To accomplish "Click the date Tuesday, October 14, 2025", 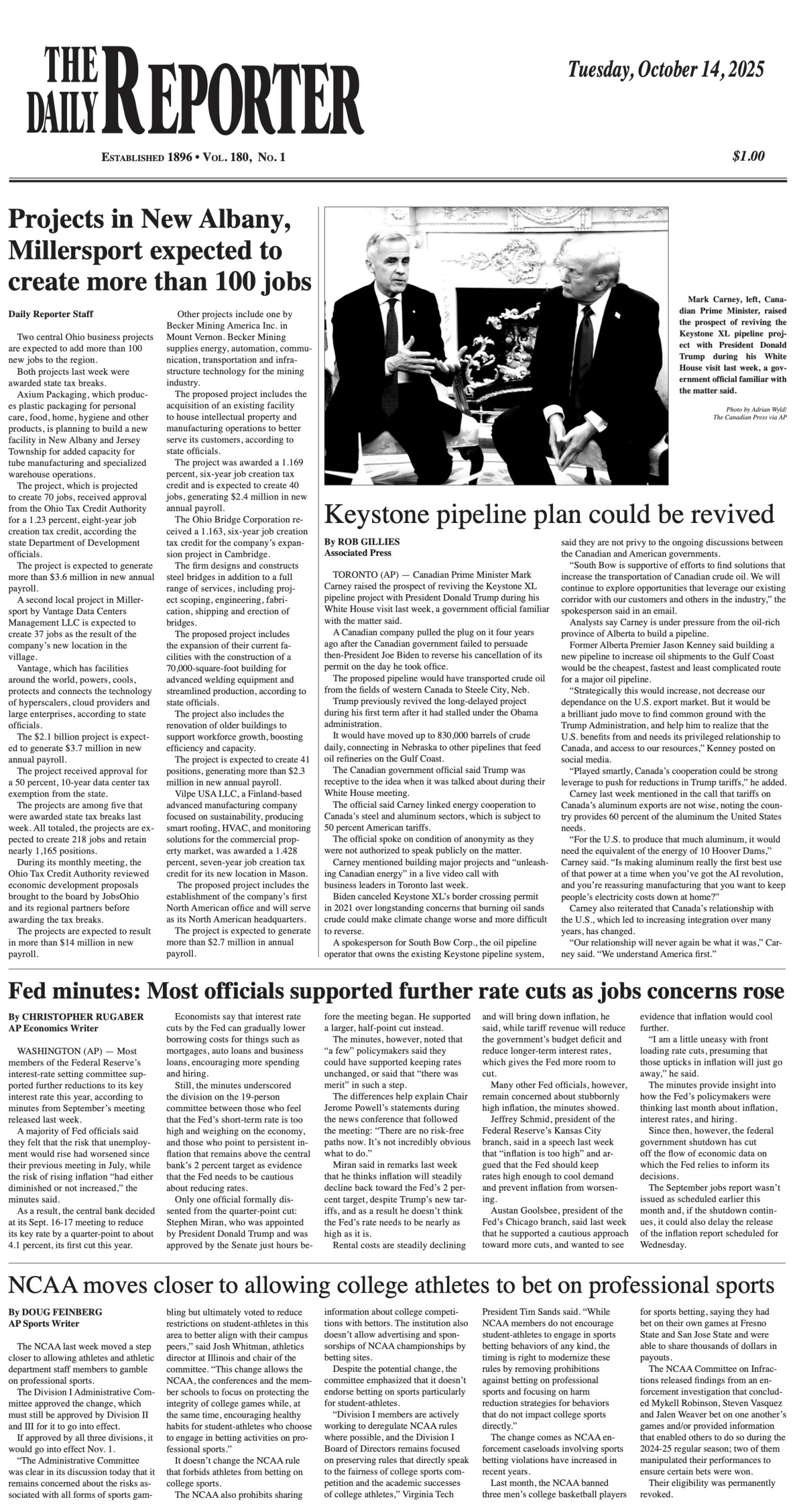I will (x=666, y=70).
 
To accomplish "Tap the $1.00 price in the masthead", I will (x=749, y=156).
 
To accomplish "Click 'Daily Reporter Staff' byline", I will (x=51, y=314).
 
